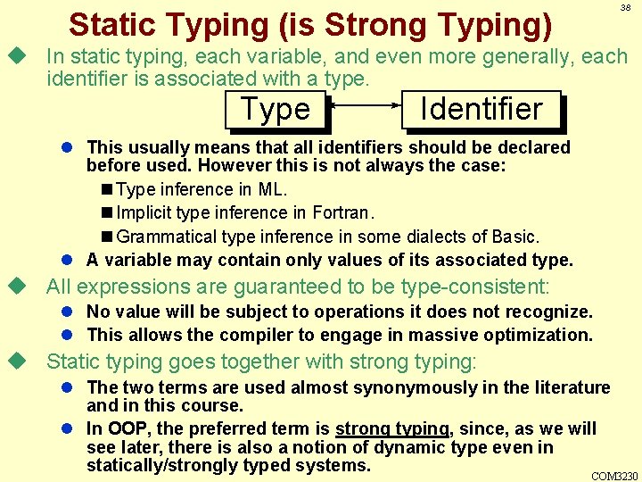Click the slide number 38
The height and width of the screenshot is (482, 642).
(625, 7)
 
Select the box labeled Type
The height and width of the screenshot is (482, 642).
(276, 110)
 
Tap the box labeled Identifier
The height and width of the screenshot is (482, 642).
(481, 110)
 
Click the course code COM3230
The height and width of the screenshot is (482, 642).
(614, 475)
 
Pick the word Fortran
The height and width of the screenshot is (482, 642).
(343, 213)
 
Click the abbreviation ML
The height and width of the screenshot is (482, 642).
(273, 190)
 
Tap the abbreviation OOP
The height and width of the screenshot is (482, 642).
(122, 428)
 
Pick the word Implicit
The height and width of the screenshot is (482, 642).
(144, 213)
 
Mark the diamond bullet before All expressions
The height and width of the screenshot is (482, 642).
(15, 287)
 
